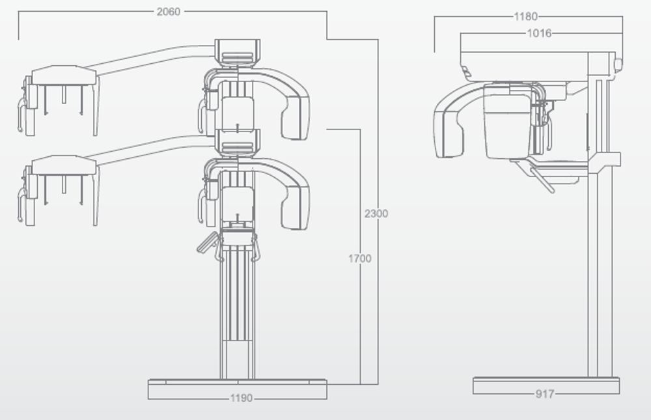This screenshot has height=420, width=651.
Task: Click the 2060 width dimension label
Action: coord(168,12)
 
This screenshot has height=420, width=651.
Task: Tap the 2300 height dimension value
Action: coord(376,214)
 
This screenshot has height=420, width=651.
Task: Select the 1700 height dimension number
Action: coord(359,259)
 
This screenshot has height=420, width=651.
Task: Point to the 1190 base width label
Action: coord(242,398)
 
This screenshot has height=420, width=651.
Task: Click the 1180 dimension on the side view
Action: coord(525,16)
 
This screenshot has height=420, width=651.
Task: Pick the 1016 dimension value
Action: coord(539,33)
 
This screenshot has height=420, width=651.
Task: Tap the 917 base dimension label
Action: coord(545,393)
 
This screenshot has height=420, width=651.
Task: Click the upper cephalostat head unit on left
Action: coord(59,100)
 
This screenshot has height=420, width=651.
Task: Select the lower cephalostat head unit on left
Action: coord(59,190)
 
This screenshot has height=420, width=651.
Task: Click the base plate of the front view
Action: coord(238,389)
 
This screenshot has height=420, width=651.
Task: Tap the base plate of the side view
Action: coord(546,385)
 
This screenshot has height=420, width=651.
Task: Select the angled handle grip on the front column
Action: coord(207,242)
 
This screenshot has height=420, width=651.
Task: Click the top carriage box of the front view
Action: coord(238,53)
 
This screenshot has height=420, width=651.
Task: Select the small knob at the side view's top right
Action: coord(618,64)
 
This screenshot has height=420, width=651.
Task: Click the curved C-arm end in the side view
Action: coord(448,133)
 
